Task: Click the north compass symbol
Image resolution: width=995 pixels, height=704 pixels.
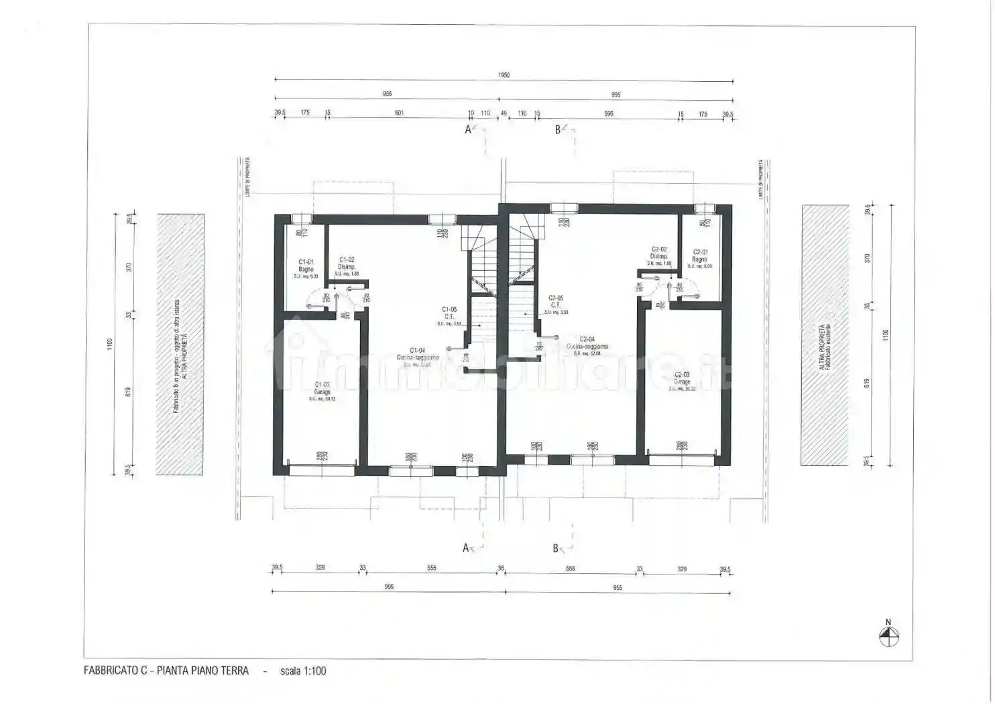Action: [888, 636]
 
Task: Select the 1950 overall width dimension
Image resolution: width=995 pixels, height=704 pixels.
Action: [504, 75]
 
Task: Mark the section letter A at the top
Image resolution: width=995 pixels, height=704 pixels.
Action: [468, 129]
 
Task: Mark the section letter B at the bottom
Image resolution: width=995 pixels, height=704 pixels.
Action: [555, 548]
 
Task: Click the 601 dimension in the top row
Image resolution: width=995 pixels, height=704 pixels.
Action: [399, 113]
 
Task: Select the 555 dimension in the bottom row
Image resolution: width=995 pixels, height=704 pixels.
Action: [432, 568]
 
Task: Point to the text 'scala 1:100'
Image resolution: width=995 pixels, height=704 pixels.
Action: [303, 671]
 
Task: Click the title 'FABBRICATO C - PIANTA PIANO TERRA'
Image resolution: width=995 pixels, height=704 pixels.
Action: [166, 670]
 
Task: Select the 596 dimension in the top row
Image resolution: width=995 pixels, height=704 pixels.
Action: [609, 114]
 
